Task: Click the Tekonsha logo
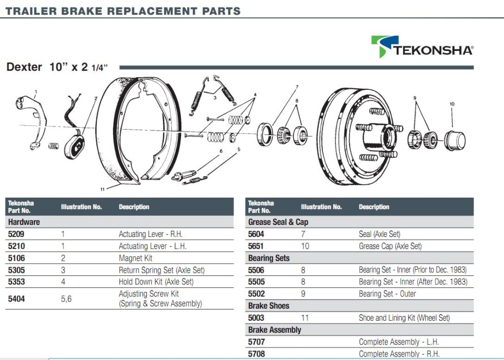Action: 422,46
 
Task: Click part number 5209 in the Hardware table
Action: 16,234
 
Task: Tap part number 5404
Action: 16,299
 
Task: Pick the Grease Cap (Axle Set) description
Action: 390,246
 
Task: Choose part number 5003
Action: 256,318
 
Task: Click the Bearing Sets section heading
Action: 269,258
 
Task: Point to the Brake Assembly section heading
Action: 274,330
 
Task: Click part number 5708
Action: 256,354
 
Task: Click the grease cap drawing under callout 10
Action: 454,140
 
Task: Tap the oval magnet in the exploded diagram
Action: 76,146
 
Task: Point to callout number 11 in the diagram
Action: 102,189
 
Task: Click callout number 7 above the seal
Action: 297,86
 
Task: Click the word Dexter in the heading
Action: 24,67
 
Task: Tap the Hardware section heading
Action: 24,222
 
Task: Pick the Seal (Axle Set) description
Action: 379,234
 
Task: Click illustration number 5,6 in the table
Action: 66,299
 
